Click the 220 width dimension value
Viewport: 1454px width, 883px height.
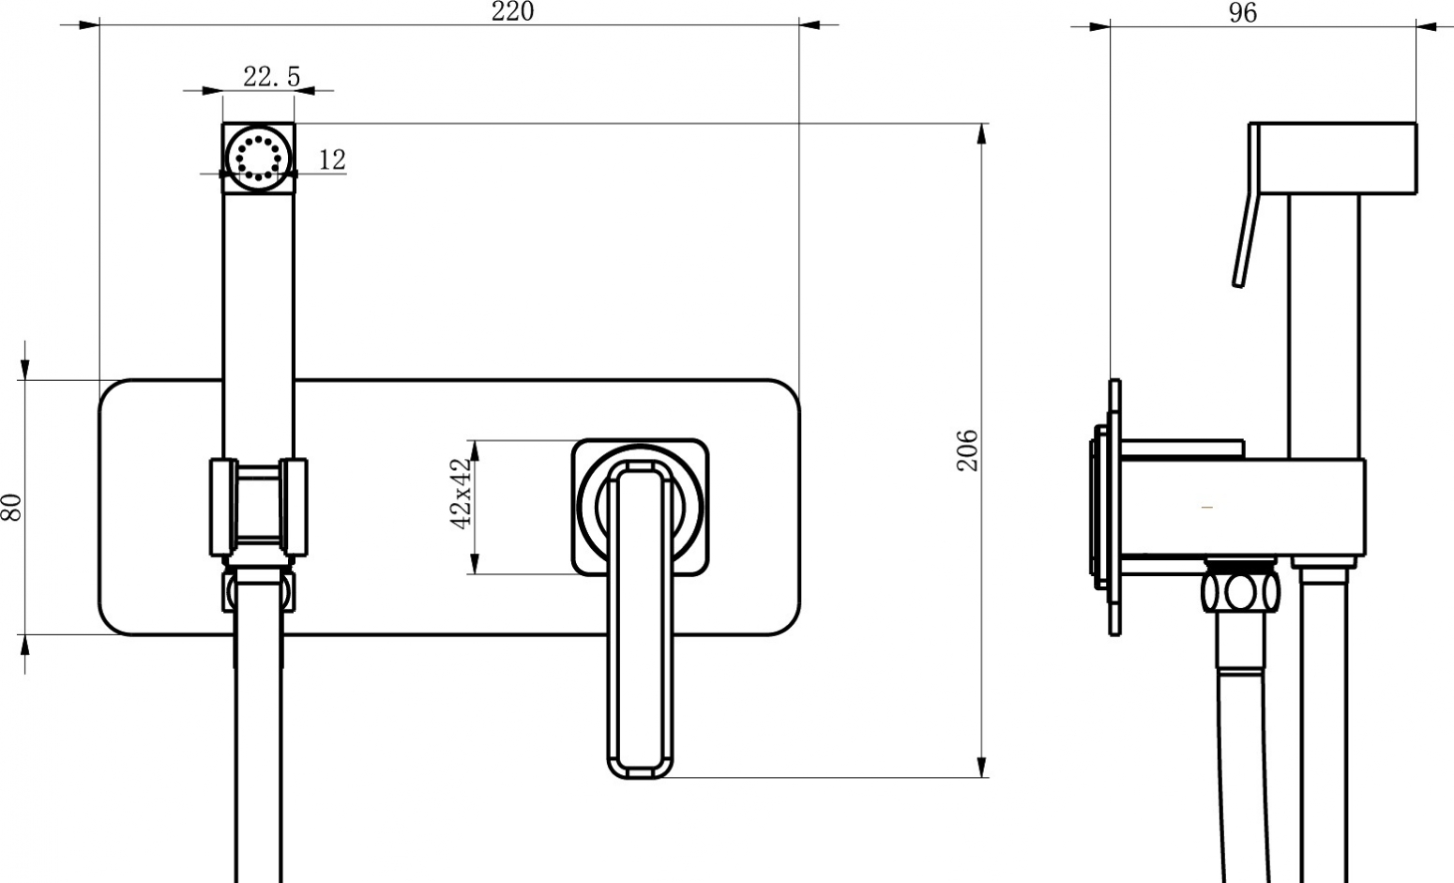click(512, 11)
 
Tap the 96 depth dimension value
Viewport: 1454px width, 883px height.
click(1242, 13)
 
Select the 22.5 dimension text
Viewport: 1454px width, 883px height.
click(272, 77)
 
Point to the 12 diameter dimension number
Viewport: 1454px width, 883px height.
click(332, 160)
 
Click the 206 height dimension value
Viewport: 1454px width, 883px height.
click(967, 449)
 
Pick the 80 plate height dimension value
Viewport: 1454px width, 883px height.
click(12, 507)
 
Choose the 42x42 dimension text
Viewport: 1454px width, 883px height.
click(461, 494)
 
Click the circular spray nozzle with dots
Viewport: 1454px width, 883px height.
click(258, 159)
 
